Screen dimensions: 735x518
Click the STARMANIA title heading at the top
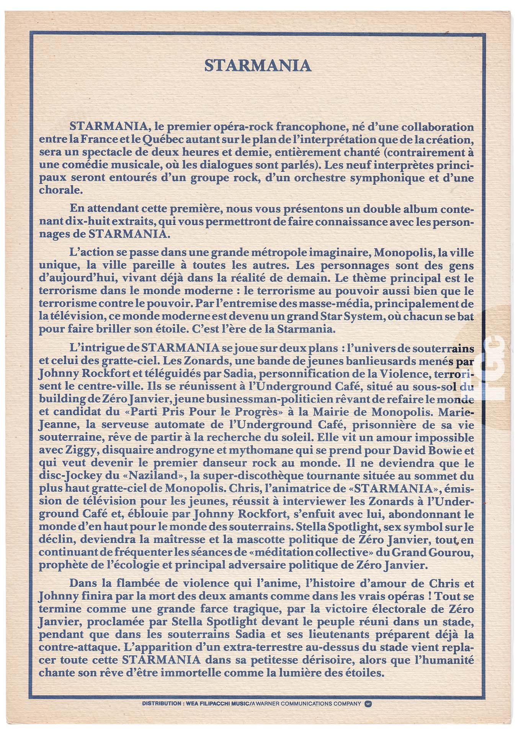(258, 65)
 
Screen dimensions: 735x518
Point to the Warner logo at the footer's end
(368, 704)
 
